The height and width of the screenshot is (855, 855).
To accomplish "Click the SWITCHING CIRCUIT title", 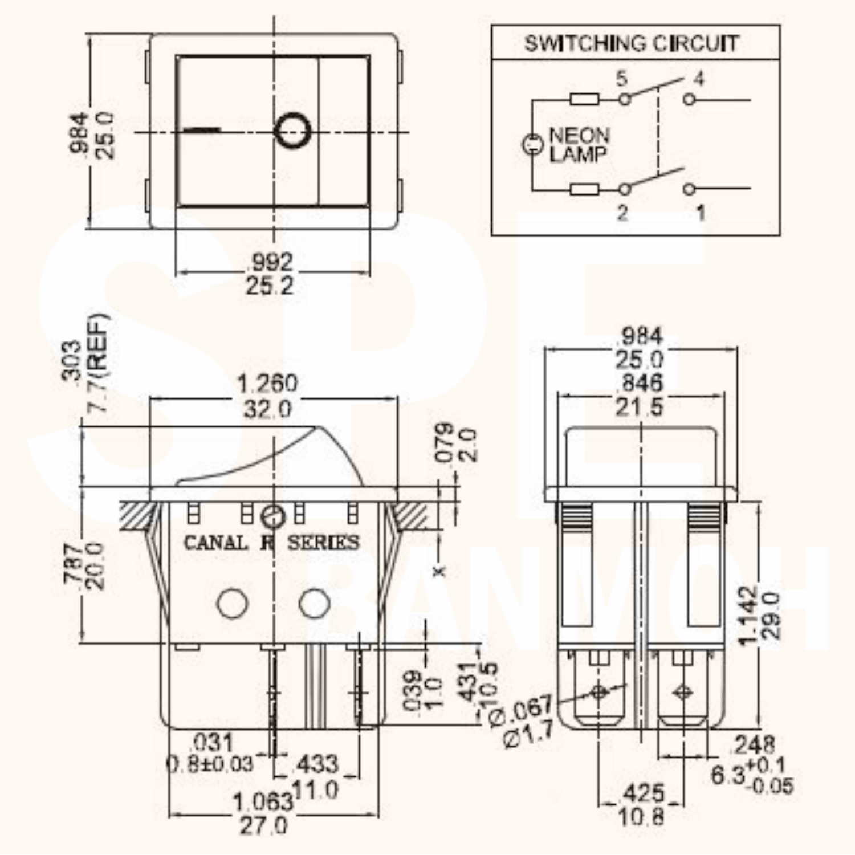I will point(632,43).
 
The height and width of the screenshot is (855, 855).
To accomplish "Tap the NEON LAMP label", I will point(579,144).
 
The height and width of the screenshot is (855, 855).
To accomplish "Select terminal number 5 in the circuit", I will point(622,78).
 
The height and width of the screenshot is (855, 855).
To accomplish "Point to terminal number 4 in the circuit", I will point(698,78).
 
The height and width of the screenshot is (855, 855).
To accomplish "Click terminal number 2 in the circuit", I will point(622,212).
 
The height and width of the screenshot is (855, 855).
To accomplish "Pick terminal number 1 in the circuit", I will point(701,213).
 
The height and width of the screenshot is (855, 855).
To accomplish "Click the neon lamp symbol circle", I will point(533,144).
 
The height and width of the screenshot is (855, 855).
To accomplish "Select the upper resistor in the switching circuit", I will point(584,99).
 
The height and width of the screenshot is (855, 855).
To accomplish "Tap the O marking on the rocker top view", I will point(292,131).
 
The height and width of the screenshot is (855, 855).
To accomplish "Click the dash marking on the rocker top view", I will point(202,130).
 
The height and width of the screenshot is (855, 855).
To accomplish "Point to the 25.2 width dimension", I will point(270,286).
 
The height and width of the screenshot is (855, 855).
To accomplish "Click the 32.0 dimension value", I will point(267,409).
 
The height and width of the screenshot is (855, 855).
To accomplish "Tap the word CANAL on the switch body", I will point(215,542).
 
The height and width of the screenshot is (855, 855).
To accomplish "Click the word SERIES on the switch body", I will point(323,542).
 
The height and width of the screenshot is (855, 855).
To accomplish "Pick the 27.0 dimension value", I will point(263,825).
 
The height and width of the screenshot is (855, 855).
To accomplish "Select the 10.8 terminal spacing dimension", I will point(641,817).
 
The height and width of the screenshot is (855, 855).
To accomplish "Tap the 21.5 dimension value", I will point(639,407).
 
